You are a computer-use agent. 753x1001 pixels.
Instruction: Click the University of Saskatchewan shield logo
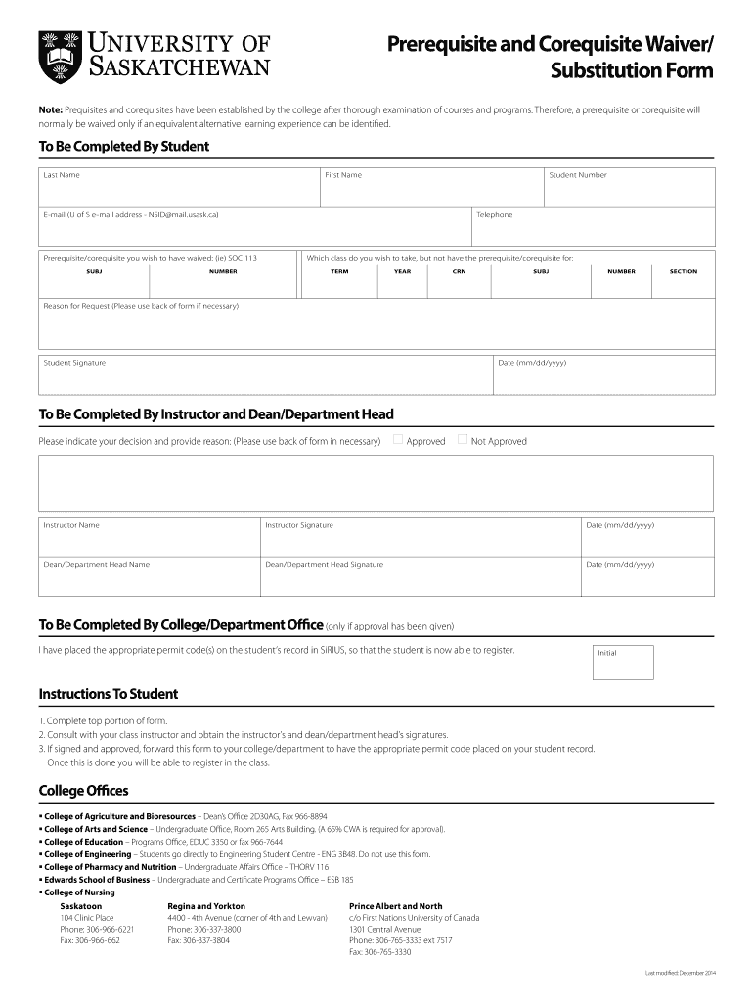55,57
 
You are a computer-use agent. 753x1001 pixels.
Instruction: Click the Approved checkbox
398,440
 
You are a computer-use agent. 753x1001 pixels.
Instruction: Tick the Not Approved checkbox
463,440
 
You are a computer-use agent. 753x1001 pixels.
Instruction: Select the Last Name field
179,187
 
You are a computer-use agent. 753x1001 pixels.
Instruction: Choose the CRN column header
459,271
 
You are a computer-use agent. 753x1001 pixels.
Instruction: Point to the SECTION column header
683,271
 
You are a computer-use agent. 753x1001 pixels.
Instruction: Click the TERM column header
339,271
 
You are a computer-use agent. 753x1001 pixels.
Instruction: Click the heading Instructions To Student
108,694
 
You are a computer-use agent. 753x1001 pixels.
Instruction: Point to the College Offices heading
83,790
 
